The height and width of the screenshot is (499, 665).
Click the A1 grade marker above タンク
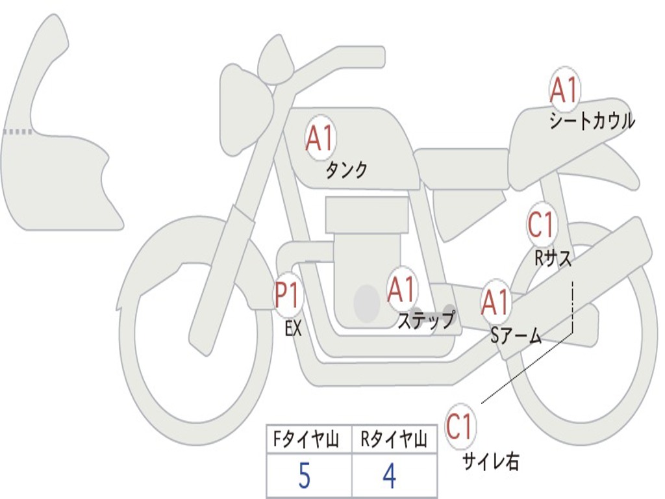(320, 138)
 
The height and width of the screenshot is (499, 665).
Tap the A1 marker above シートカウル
(564, 89)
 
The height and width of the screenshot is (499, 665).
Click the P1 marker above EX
(289, 294)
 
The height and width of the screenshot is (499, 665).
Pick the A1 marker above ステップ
(401, 289)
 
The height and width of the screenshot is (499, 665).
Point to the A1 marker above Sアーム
(495, 301)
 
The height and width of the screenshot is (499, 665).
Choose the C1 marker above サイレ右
(459, 426)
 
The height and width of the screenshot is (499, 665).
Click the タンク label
(346, 171)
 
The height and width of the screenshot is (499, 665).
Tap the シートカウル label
(592, 121)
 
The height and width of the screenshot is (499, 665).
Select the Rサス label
(553, 257)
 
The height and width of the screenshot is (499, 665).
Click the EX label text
(293, 328)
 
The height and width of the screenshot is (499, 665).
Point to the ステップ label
(426, 320)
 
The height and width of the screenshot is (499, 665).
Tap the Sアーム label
(516, 337)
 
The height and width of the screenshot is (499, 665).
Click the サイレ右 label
(491, 461)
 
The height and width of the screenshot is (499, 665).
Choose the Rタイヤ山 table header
(394, 439)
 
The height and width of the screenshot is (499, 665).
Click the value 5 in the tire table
(305, 476)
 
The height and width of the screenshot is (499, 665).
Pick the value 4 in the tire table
(390, 476)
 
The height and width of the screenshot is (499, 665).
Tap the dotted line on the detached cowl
(18, 132)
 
